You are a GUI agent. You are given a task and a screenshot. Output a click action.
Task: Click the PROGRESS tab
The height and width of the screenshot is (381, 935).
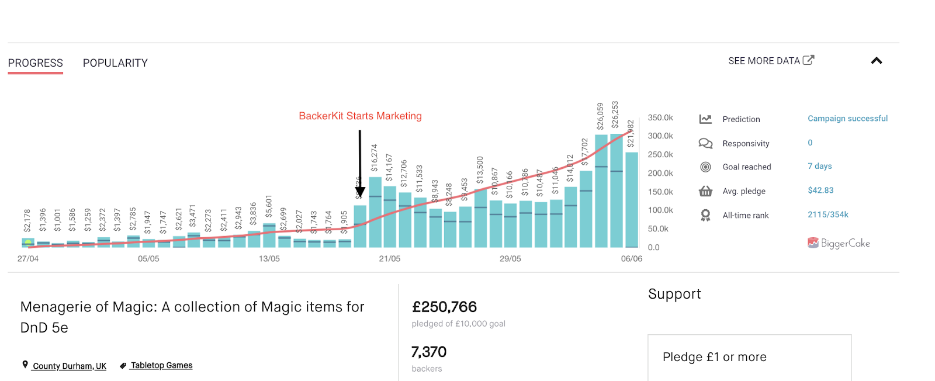click(x=35, y=63)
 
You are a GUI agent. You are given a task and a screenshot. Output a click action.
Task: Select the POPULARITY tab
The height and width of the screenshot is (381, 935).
click(x=115, y=63)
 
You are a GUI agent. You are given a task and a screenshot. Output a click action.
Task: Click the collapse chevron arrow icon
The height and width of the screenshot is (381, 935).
click(x=876, y=61)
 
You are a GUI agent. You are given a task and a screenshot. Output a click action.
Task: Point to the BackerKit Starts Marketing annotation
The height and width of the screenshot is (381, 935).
click(x=360, y=116)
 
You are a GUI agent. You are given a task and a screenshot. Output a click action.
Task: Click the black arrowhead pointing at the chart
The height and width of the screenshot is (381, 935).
click(x=360, y=191)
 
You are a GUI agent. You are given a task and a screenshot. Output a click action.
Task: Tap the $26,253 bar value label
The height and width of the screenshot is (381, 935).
click(x=615, y=115)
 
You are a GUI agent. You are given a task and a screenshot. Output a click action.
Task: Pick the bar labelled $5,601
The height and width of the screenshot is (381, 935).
click(x=269, y=235)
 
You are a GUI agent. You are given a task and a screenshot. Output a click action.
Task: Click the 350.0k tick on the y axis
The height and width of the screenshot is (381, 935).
click(x=660, y=118)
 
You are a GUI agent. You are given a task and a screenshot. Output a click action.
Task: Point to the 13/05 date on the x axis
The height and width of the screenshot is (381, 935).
click(x=269, y=259)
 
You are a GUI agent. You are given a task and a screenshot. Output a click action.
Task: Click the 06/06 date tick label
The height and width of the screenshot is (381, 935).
click(x=631, y=259)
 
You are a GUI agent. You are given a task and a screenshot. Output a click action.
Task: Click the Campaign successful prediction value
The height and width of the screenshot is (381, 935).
click(x=847, y=119)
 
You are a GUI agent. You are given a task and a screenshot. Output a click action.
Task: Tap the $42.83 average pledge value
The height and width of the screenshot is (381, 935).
click(x=820, y=190)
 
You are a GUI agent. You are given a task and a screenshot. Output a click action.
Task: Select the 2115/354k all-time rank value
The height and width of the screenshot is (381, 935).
click(x=827, y=215)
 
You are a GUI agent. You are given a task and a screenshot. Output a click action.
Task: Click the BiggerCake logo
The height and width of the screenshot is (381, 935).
click(x=839, y=243)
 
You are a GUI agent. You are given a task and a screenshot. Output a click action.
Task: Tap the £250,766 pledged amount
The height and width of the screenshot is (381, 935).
click(x=444, y=307)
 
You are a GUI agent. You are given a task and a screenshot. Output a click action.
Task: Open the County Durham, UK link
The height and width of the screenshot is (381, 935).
click(x=69, y=366)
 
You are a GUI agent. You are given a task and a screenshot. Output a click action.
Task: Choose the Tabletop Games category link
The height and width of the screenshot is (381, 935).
click(x=161, y=366)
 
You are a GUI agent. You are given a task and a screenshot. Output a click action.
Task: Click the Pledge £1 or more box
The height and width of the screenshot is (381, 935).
click(x=749, y=357)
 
